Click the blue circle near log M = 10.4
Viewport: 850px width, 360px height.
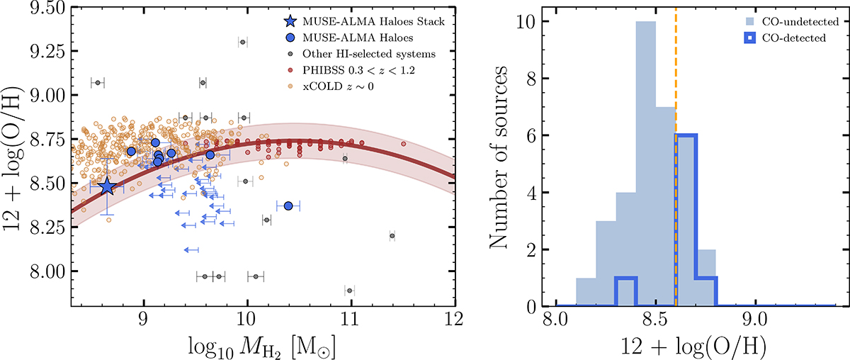click(288, 206)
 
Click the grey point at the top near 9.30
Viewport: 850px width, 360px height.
click(242, 43)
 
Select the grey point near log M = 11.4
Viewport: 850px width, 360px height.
click(392, 236)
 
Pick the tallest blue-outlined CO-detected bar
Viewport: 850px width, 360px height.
click(686, 220)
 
